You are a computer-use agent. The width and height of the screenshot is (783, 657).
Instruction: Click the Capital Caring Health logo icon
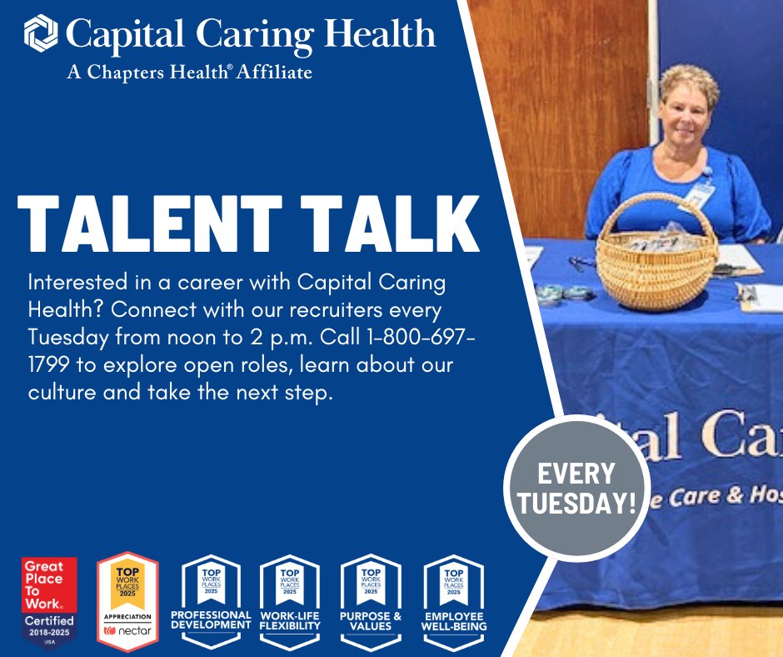tap(41, 34)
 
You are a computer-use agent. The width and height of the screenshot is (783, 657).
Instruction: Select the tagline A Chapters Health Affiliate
tap(189, 72)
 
